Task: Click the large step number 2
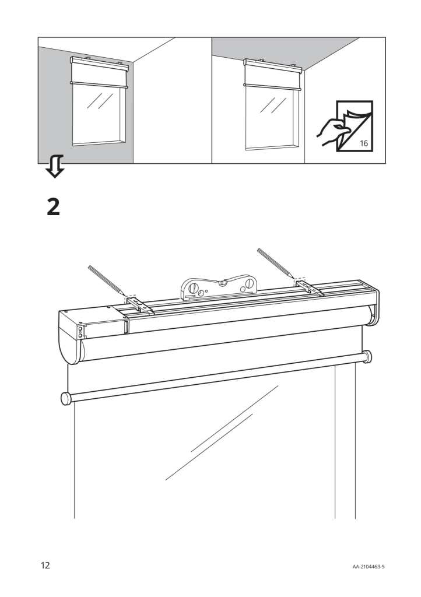[53, 207]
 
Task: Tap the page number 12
[45, 565]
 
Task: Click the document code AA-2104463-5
[368, 567]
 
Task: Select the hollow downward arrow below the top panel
[55, 166]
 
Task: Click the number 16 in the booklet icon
[364, 143]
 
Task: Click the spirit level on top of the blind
[219, 287]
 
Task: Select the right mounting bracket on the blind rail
[310, 288]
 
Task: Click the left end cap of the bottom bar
[66, 398]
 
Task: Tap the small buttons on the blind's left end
[80, 332]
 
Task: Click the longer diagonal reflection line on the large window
[222, 433]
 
